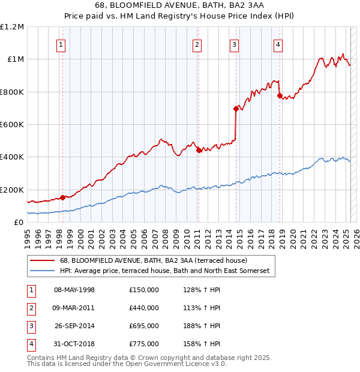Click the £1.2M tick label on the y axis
pyautogui.click(x=12, y=27)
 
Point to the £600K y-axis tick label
pyautogui.click(x=12, y=125)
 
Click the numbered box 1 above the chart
pyautogui.click(x=62, y=44)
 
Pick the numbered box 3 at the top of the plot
pyautogui.click(x=234, y=44)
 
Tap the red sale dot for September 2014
pyautogui.click(x=236, y=109)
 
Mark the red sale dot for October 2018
pyautogui.click(x=280, y=95)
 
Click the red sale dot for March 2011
pyautogui.click(x=199, y=151)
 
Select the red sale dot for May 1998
pyautogui.click(x=62, y=197)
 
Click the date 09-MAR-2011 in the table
pyautogui.click(x=74, y=308)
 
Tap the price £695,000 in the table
pyautogui.click(x=143, y=326)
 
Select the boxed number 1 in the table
pyautogui.click(x=31, y=290)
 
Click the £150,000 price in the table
pyautogui.click(x=143, y=290)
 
